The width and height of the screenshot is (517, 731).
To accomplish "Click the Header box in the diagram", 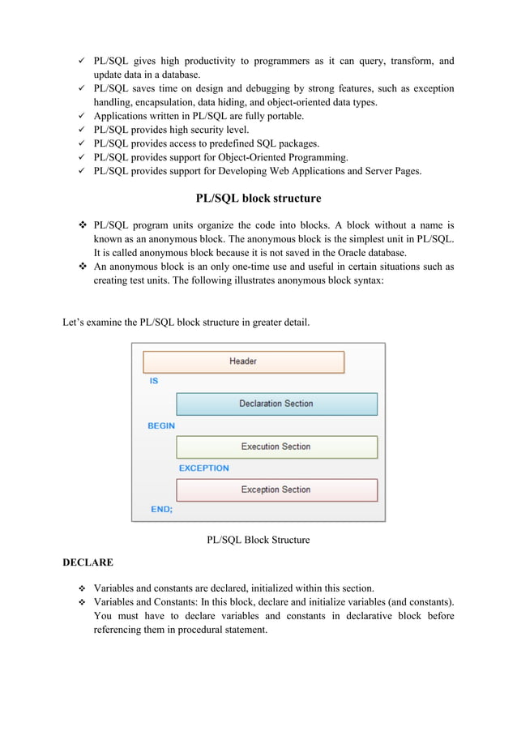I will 243,361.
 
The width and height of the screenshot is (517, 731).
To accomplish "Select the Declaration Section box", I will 276,404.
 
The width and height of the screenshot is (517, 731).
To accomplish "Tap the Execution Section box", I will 276,447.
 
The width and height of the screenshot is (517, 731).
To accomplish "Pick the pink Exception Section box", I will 276,489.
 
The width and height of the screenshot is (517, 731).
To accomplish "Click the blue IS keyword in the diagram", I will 154,381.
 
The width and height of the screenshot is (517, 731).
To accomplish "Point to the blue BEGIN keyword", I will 161,425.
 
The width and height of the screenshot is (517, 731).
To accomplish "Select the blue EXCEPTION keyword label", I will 203,468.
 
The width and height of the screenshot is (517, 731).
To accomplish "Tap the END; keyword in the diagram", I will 161,510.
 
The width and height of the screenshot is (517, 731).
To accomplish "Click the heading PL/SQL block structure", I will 258,199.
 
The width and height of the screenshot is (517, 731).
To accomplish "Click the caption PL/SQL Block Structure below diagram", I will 258,540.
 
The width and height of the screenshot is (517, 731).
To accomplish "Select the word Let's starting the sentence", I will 76,323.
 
